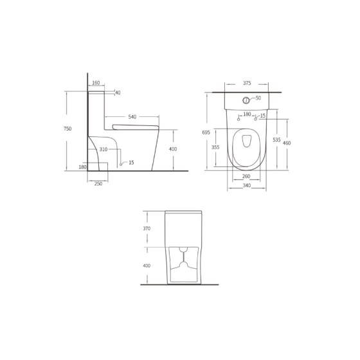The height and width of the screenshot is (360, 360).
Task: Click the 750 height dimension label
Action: [67, 129]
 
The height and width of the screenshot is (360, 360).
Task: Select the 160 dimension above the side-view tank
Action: [96, 83]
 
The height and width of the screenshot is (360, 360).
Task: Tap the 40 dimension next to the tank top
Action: [118, 93]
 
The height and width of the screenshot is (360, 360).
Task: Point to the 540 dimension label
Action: [132, 117]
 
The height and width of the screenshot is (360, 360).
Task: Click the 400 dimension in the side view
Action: [172, 149]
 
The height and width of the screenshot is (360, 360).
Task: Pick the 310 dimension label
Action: [103, 150]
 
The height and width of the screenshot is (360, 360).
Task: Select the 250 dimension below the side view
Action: [98, 184]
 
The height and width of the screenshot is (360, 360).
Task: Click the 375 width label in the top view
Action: [247, 83]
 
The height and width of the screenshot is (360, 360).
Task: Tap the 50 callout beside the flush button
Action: [258, 98]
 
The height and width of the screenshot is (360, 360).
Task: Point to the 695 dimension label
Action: [206, 132]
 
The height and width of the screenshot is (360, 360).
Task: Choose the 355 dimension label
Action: [215, 147]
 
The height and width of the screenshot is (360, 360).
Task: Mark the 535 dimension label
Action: [276, 139]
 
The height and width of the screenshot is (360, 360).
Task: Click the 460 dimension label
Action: [287, 143]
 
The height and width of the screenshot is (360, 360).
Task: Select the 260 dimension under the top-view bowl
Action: [246, 177]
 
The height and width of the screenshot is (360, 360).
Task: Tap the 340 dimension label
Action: [246, 186]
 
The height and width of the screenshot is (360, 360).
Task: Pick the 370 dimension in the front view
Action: [146, 229]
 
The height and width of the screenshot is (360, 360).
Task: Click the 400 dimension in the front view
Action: [146, 265]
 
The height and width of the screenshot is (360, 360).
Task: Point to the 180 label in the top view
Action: [247, 115]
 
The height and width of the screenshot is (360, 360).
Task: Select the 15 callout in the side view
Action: [131, 163]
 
